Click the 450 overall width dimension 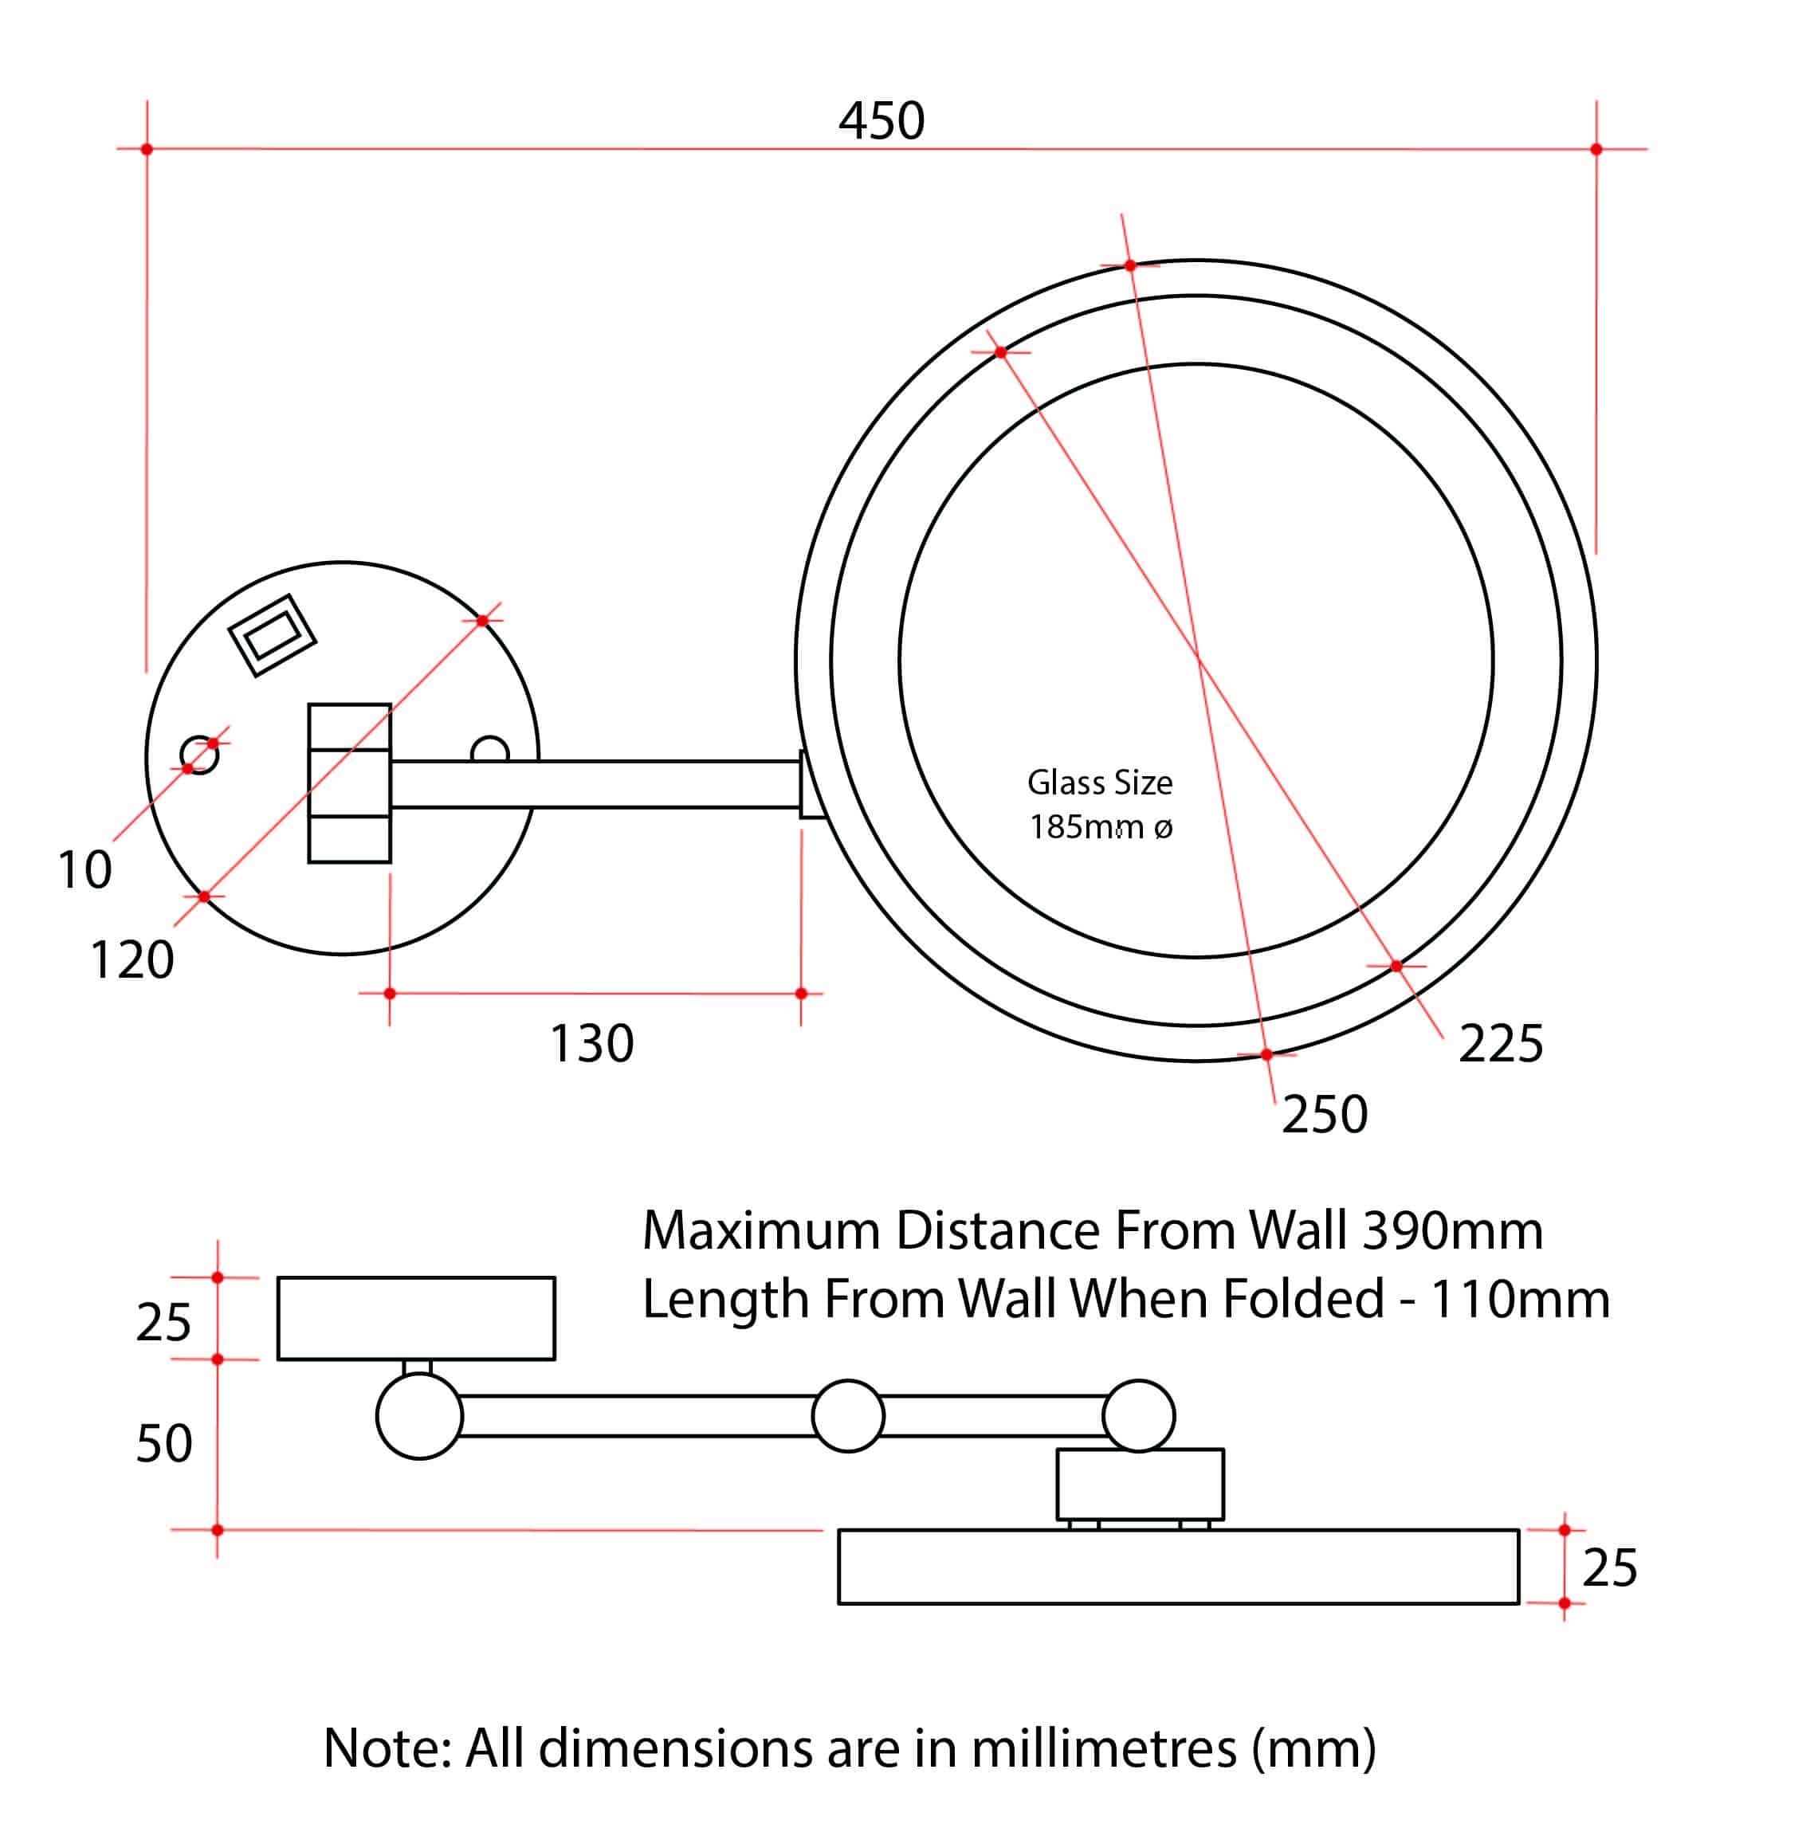pyautogui.click(x=881, y=121)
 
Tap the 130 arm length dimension pyautogui.click(x=591, y=1044)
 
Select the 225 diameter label pyautogui.click(x=1500, y=1044)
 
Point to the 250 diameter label pyautogui.click(x=1324, y=1114)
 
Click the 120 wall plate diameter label pyautogui.click(x=132, y=959)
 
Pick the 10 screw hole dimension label pyautogui.click(x=84, y=869)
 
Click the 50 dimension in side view pyautogui.click(x=163, y=1444)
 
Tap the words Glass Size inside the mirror pyautogui.click(x=1099, y=783)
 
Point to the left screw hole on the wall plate pyautogui.click(x=199, y=755)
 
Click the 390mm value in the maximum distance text pyautogui.click(x=1452, y=1231)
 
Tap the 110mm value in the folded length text pyautogui.click(x=1519, y=1299)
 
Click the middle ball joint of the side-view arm pyautogui.click(x=848, y=1416)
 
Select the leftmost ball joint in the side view pyautogui.click(x=419, y=1416)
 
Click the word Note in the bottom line pyautogui.click(x=385, y=1748)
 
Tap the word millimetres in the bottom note pyautogui.click(x=1104, y=1748)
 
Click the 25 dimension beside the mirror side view pyautogui.click(x=1609, y=1567)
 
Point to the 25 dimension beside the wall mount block pyautogui.click(x=163, y=1322)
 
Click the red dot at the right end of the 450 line pyautogui.click(x=1596, y=149)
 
